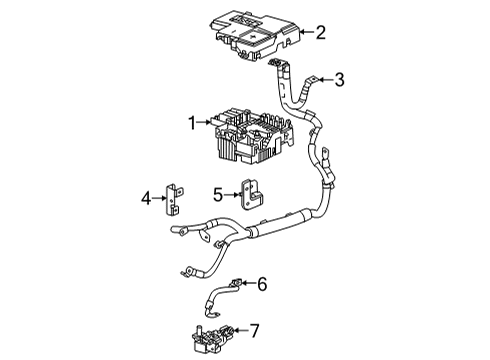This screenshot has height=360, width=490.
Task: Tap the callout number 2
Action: [320, 33]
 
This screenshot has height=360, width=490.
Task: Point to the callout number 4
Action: [145, 199]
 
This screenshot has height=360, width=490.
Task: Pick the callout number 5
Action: [217, 194]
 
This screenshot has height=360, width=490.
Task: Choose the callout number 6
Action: [262, 284]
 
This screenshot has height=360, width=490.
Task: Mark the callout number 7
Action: [254, 329]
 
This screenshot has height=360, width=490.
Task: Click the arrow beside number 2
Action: [302, 33]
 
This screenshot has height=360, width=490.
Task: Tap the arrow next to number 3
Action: [322, 79]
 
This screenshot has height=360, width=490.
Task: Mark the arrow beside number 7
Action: [238, 329]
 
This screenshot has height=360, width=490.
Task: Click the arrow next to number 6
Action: [246, 284]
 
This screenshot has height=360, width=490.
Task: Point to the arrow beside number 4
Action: [159, 199]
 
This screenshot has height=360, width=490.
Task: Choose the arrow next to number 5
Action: [230, 194]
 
